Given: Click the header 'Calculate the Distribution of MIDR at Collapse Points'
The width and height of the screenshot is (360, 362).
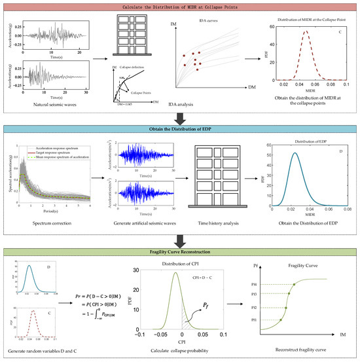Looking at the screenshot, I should pos(180,7).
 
